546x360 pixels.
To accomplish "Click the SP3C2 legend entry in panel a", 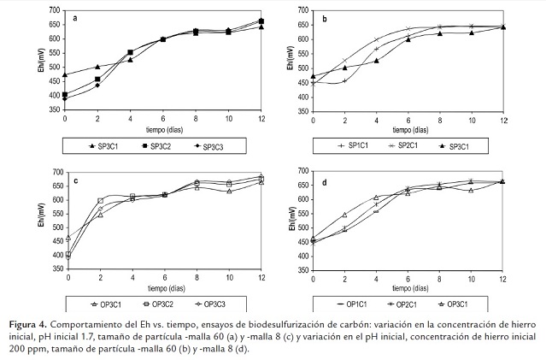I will (x=153, y=147).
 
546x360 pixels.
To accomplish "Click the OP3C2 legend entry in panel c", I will (x=153, y=303).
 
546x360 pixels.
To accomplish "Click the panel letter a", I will (x=76, y=17).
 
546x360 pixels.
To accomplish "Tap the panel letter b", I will (x=326, y=16).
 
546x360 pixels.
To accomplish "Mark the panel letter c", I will (x=76, y=180).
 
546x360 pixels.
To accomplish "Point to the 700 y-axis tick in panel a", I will (x=55, y=9).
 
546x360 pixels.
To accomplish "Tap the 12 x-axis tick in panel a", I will (x=261, y=117).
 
